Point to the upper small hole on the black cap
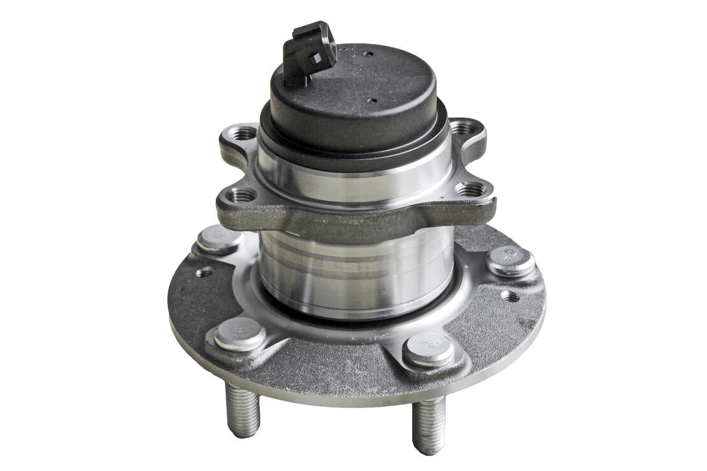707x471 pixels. tap(366, 53)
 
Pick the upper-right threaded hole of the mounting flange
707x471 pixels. tap(463, 128)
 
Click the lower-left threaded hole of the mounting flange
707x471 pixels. tap(242, 195)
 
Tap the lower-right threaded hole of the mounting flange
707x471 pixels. tap(471, 189)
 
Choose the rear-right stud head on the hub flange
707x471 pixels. tap(510, 258)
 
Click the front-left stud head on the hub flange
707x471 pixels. tap(239, 333)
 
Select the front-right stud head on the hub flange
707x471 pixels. tap(429, 348)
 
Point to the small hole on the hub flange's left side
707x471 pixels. tap(204, 272)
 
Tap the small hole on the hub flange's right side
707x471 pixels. tap(509, 296)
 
